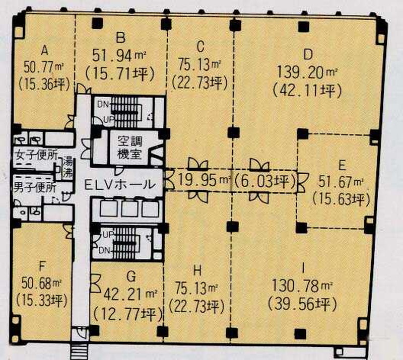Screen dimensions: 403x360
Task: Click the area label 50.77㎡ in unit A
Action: pos(44,67)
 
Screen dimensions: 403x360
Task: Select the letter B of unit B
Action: pos(120,38)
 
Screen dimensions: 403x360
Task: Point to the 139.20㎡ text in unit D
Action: pos(307,71)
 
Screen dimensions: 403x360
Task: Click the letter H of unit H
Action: pos(197,271)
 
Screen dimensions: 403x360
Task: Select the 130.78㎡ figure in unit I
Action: pos(303,285)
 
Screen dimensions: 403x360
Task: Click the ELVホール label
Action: pos(120,184)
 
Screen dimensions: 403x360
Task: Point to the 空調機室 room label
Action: pos(129,148)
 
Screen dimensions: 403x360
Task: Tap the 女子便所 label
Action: pos(36,155)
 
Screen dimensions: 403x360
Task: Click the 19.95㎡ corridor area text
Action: pos(204,181)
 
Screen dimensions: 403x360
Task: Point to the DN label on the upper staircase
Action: pos(103,104)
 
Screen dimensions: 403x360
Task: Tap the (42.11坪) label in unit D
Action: pos(307,91)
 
